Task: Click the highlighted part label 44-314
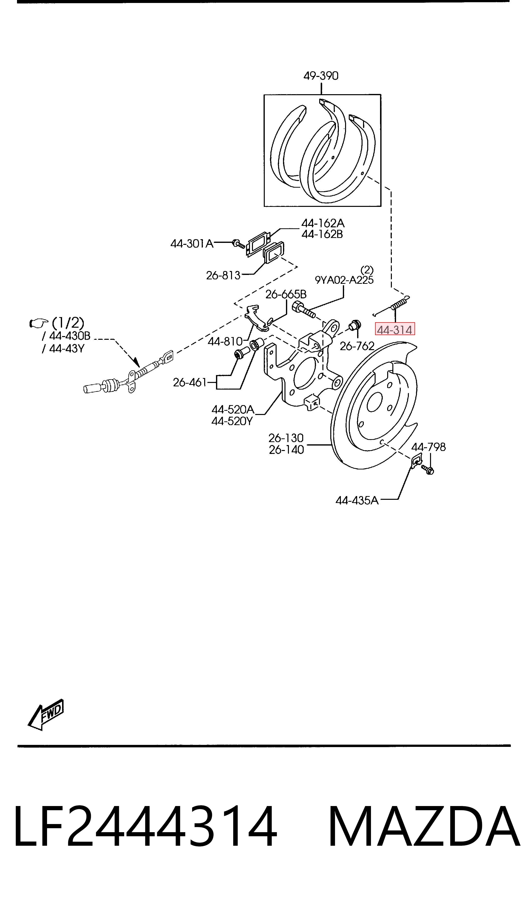(x=395, y=329)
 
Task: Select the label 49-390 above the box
(x=321, y=76)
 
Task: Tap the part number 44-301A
(x=192, y=244)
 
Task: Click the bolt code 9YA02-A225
(x=344, y=280)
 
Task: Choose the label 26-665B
(x=286, y=295)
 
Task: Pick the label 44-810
(x=225, y=341)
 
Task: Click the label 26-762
(x=357, y=346)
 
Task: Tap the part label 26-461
(x=190, y=382)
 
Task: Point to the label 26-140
(x=286, y=449)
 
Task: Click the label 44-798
(x=428, y=447)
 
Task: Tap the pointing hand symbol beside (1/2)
(x=38, y=323)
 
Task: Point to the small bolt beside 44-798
(x=428, y=469)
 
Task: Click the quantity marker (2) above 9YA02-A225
(x=367, y=269)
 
